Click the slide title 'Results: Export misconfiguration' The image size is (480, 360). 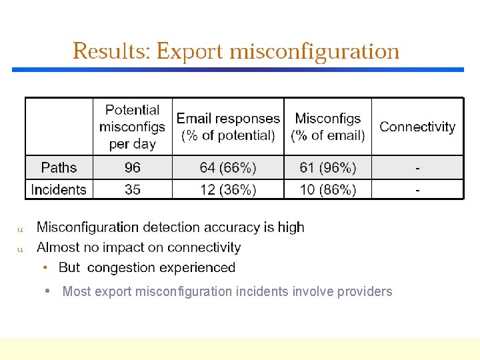[236, 51]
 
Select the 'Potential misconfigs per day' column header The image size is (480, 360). [132, 127]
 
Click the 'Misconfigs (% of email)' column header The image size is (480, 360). [327, 127]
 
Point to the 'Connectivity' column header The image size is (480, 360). [417, 127]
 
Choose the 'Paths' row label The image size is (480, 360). [59, 167]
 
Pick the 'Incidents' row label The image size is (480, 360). [59, 189]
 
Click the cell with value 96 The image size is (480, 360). [133, 167]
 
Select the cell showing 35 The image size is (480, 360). [133, 189]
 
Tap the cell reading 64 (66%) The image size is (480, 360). [228, 167]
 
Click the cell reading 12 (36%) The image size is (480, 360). [228, 189]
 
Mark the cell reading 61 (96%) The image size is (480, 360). [327, 167]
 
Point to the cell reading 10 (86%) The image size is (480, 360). [327, 189]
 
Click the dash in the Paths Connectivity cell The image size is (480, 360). [418, 167]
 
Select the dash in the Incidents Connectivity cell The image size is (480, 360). [418, 189]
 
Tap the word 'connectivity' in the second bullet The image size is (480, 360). [204, 247]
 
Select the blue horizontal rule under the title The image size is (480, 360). [237, 69]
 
